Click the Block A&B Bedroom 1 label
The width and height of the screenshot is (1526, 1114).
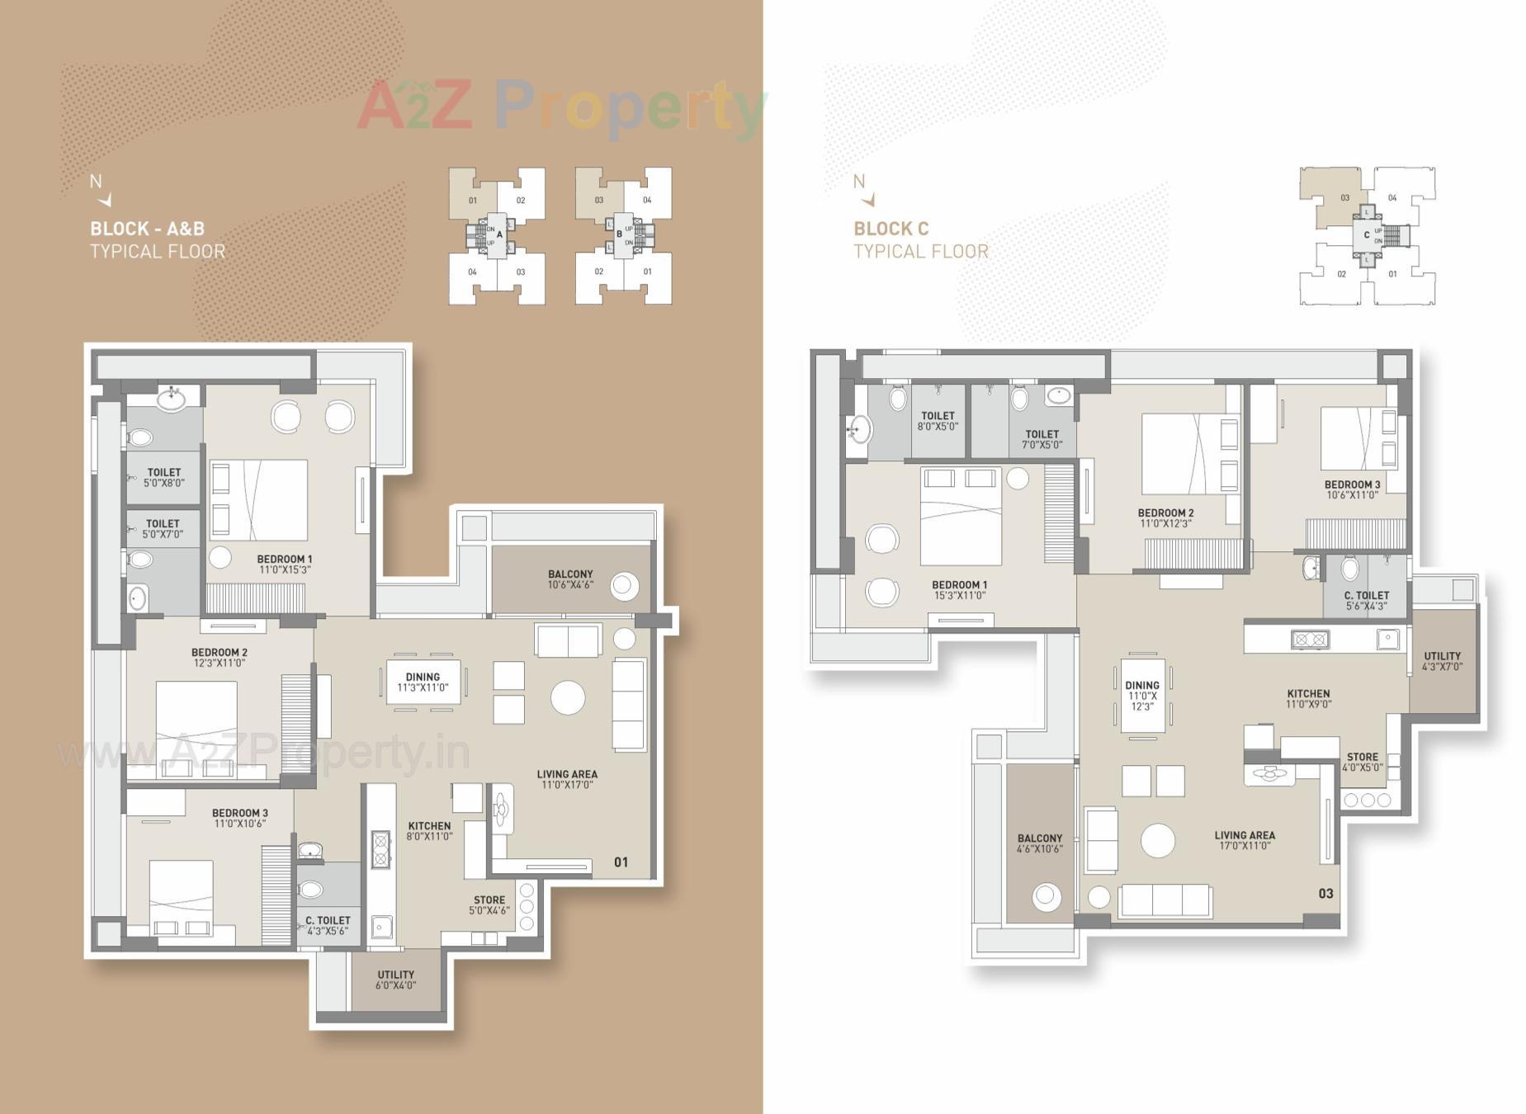[x=284, y=559]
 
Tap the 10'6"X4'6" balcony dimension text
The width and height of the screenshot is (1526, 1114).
[x=570, y=585]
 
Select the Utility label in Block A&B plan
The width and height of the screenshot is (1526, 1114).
[x=395, y=975]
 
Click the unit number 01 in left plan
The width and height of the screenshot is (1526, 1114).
[x=621, y=862]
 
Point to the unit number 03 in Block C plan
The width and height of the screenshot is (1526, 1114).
[x=1325, y=894]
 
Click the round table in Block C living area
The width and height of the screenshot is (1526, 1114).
[x=1157, y=841]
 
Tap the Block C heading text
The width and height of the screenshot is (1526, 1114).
[x=891, y=229]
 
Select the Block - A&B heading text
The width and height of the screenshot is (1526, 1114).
[x=147, y=229]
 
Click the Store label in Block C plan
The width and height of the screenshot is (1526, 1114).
[x=1362, y=757]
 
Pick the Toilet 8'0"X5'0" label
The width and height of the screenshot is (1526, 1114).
[x=938, y=416]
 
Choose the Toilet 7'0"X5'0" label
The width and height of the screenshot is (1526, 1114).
[x=1042, y=434]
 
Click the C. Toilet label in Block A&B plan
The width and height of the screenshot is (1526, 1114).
[x=328, y=920]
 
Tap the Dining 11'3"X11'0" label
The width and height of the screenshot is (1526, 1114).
[x=423, y=677]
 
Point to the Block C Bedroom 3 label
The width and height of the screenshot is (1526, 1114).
[x=1352, y=485]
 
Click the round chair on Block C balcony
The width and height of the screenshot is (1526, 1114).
[x=1047, y=896]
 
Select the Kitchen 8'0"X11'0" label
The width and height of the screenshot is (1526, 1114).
[x=429, y=826]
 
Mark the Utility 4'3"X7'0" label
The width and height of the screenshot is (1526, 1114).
[x=1442, y=657]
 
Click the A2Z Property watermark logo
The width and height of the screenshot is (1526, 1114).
[x=561, y=107]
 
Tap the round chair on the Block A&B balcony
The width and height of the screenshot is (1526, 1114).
[x=624, y=586]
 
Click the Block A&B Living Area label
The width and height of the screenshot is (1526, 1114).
[x=567, y=775]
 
